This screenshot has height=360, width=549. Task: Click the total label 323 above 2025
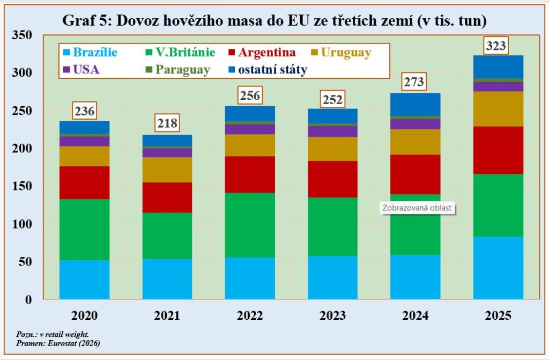click(x=496, y=46)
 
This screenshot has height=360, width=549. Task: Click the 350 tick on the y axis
click(x=23, y=35)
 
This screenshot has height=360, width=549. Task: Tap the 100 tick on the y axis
click(x=23, y=224)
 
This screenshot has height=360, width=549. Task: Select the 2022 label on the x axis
click(x=250, y=315)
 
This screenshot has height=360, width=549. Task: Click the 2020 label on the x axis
click(x=85, y=315)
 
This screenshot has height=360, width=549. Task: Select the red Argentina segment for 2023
click(x=332, y=179)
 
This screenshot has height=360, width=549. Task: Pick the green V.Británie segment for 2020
click(x=85, y=230)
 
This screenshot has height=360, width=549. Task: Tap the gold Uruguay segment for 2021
click(x=167, y=170)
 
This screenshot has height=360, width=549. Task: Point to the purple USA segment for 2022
click(x=250, y=129)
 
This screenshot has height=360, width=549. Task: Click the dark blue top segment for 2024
click(x=416, y=104)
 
